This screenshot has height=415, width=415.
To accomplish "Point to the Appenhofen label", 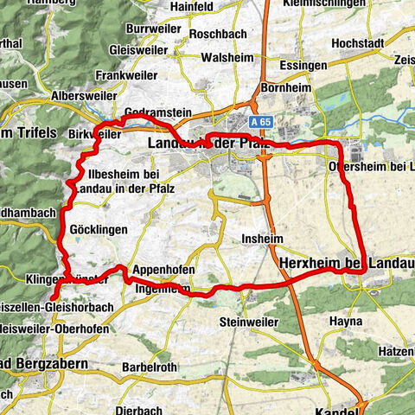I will pos(161,269).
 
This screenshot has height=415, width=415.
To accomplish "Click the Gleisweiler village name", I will pos(132,51).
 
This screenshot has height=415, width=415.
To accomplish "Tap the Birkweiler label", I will pos(94,134).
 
